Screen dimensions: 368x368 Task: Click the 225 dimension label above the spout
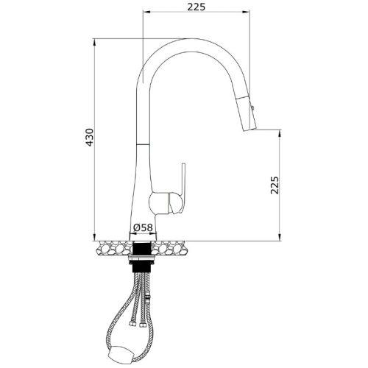pos(196,7)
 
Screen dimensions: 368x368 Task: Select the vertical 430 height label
pos(90,138)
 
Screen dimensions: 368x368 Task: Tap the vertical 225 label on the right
pos(275,185)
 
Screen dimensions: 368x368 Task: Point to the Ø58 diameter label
pos(143,227)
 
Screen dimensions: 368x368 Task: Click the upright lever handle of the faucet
pos(183,185)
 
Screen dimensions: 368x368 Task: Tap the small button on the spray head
pos(252,107)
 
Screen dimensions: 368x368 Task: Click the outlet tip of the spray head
pos(250,129)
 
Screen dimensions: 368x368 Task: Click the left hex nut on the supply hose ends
pos(132,324)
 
